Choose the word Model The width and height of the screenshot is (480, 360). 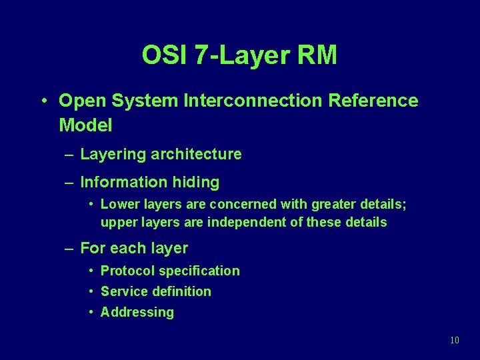[85, 125]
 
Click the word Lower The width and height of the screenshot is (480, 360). [118, 204]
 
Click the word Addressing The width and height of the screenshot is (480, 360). [137, 312]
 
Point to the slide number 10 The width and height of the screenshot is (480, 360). [455, 340]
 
